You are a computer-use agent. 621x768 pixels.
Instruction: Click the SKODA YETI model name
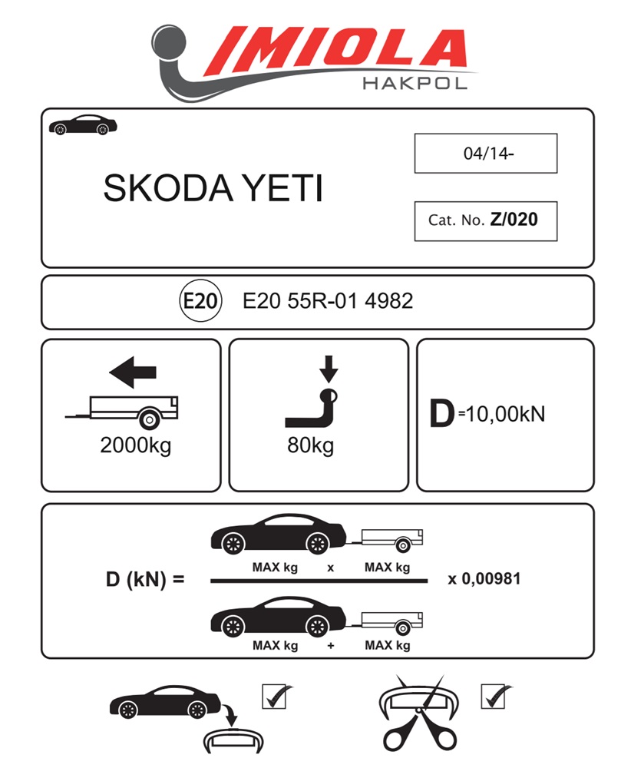coord(213,189)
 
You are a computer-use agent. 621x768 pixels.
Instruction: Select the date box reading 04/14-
coord(485,153)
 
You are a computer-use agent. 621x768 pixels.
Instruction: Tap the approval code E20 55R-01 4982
coord(328,301)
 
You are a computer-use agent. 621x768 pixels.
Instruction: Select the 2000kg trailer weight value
coord(135,446)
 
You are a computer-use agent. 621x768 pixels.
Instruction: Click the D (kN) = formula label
coord(145,579)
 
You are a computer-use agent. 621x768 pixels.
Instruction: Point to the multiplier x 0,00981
coord(484,579)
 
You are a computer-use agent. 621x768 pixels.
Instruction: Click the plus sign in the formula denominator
coord(330,646)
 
